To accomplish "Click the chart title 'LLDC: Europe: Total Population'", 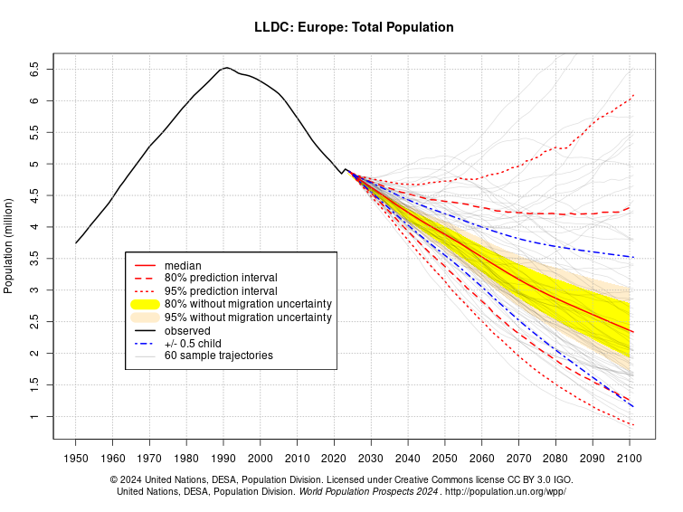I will [354, 27].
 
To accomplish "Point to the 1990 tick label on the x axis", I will [223, 459].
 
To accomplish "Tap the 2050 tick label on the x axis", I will [445, 459].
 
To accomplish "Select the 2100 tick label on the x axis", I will [630, 459].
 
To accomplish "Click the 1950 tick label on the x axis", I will [76, 459].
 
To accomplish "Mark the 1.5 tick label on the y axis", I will [33, 385].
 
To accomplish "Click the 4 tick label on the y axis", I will [33, 227].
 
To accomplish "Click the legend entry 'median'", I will [183, 265].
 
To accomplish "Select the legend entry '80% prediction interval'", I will [221, 278].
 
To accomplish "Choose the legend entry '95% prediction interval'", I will [221, 291].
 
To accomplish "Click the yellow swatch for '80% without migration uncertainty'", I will [145, 304].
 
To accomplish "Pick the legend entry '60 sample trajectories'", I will [218, 356].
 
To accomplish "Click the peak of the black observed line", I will [226, 68].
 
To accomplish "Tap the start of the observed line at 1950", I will [76, 242].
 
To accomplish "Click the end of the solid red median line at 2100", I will [633, 332].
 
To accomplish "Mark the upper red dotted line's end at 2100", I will [633, 95].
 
